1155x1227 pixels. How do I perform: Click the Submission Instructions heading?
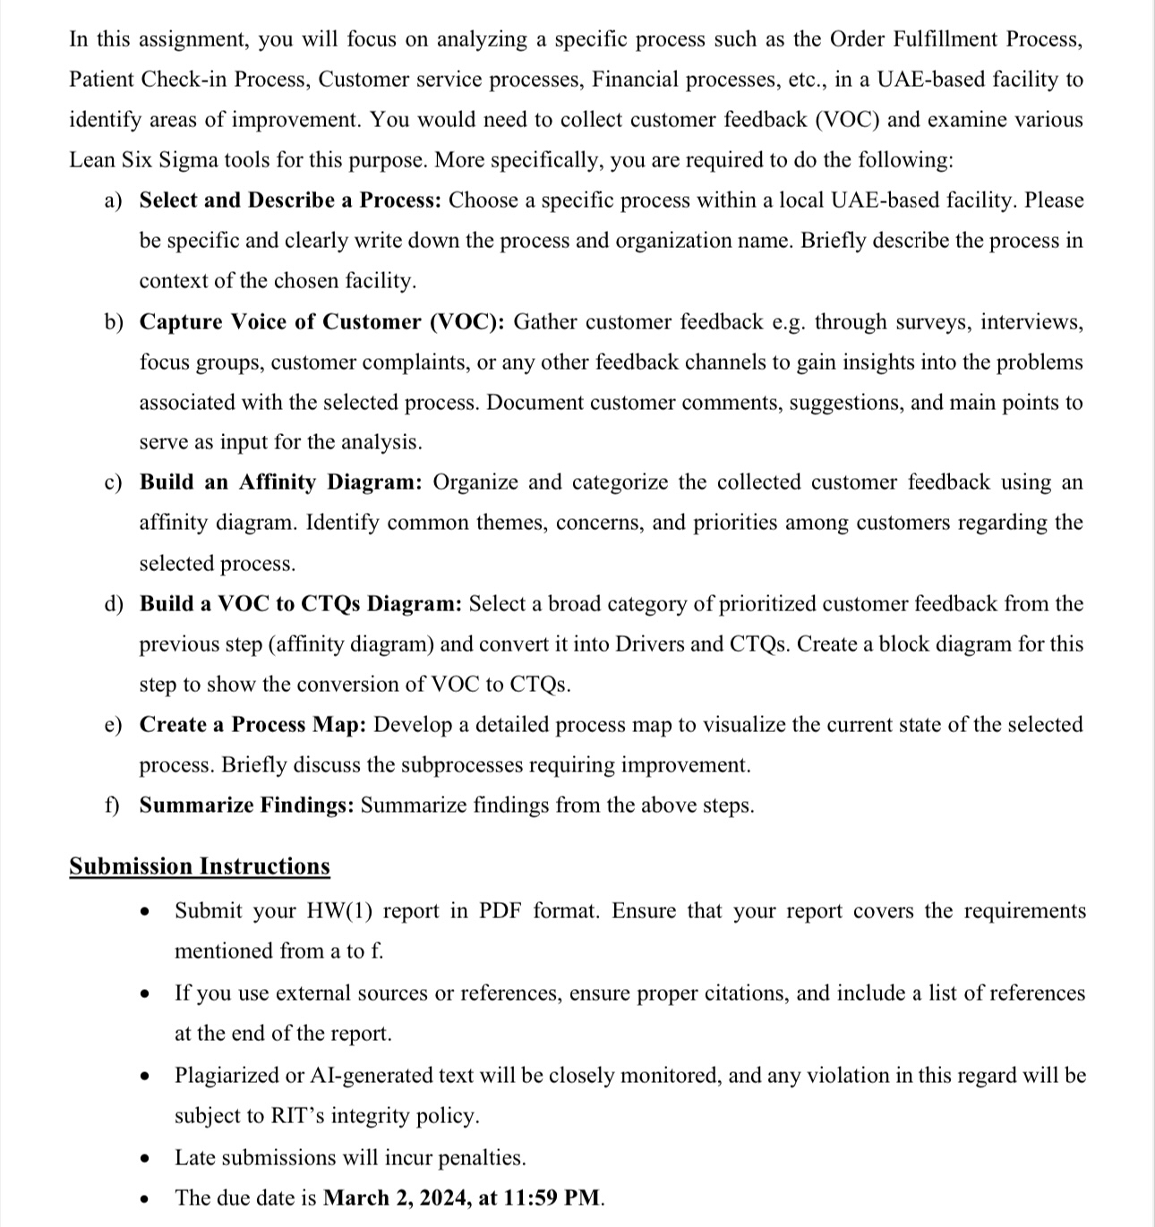click(199, 866)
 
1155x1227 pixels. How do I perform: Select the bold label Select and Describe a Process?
click(289, 200)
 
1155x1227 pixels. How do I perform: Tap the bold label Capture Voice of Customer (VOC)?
click(321, 321)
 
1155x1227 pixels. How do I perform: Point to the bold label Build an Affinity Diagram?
click(280, 482)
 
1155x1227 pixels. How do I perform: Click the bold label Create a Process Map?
click(252, 724)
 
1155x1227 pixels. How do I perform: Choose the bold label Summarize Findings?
click(246, 805)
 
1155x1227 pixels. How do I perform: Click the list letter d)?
click(114, 604)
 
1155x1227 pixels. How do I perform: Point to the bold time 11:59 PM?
click(552, 1197)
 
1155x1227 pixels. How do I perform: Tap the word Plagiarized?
click(225, 1075)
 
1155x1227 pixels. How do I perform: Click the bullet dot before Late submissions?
click(143, 1159)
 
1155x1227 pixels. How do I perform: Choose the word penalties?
click(483, 1158)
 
